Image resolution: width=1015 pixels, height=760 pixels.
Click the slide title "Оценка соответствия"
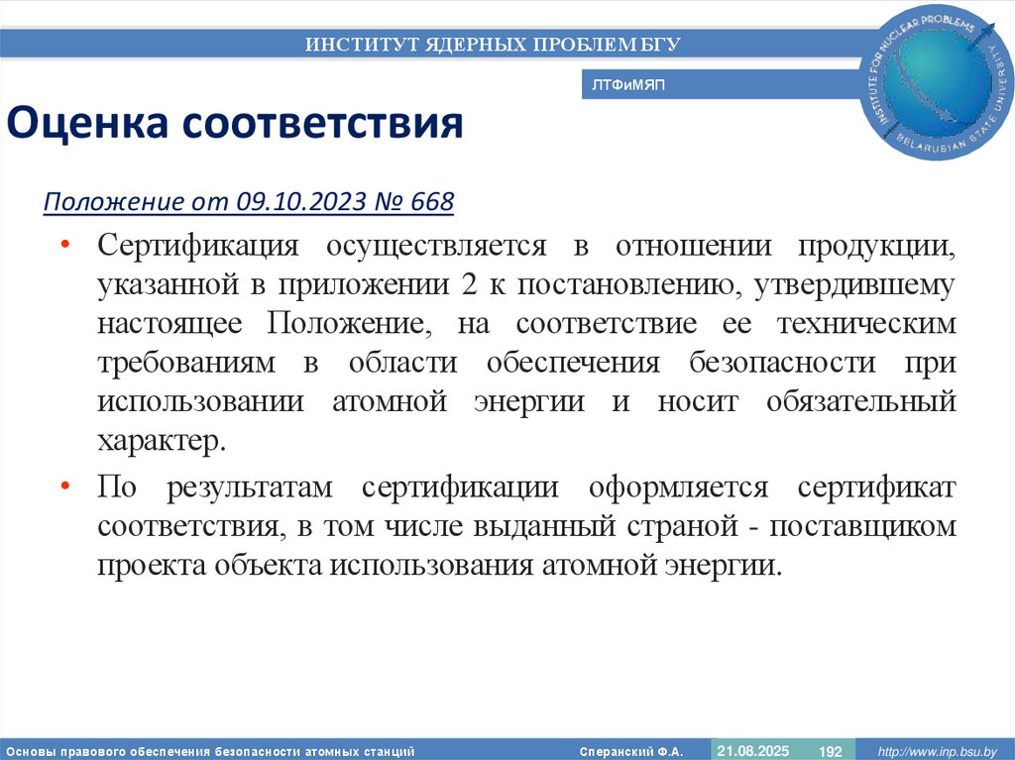tap(236, 124)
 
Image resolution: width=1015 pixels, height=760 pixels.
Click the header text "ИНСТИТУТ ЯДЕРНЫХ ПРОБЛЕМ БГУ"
tap(493, 44)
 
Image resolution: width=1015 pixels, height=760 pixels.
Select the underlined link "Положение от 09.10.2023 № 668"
tap(248, 202)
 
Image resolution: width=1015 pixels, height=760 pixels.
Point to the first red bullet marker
tap(64, 245)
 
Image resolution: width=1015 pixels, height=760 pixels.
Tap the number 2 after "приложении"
tap(469, 285)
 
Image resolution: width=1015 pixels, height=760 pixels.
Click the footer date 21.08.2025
tap(753, 750)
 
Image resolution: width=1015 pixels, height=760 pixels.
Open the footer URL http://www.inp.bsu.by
tap(936, 751)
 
